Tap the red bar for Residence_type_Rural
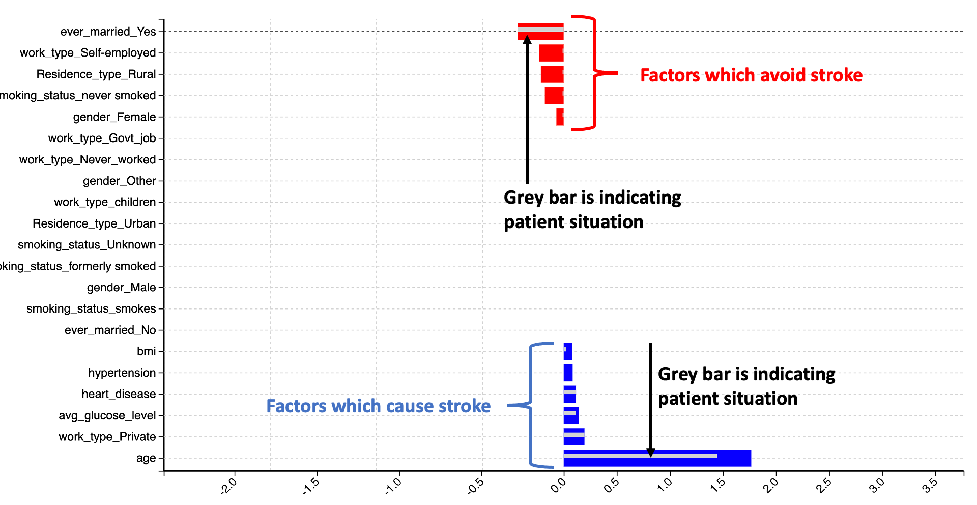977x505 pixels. coord(552,74)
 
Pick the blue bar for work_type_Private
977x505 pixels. coord(574,437)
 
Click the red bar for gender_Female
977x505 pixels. coord(560,117)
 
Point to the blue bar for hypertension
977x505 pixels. coord(568,373)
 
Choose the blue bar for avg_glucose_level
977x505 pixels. coord(571,415)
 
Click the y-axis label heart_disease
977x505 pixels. coord(119,394)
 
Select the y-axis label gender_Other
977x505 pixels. coord(119,181)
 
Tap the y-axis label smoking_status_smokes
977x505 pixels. coord(91,308)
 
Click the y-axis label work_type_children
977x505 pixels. coord(105,202)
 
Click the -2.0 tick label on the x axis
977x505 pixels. coord(228,486)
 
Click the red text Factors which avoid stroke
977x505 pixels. coord(751,75)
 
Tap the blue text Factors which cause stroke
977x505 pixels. coord(378,406)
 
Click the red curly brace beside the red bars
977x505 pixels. coord(594,73)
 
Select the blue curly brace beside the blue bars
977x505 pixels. coord(531,405)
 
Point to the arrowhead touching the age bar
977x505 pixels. coord(650,453)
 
